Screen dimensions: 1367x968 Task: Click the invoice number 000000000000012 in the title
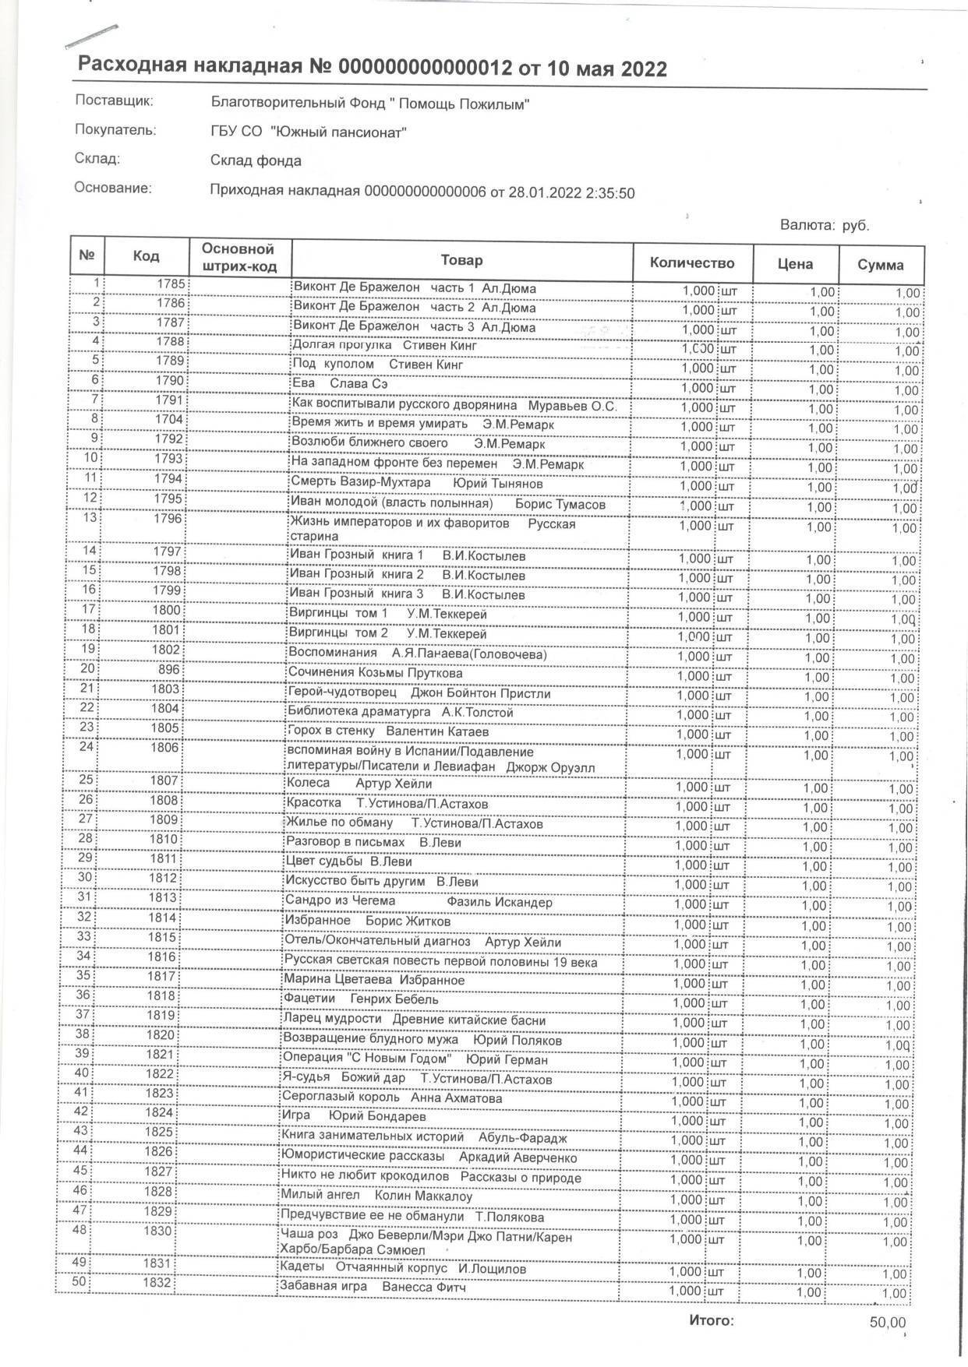point(425,69)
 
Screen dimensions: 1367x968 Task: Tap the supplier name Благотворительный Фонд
point(371,104)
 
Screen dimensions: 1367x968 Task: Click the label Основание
point(112,188)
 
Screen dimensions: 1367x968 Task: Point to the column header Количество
point(692,262)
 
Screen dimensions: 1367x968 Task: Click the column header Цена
point(794,264)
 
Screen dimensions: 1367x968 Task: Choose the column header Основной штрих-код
point(238,258)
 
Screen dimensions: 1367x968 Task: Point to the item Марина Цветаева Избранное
point(374,981)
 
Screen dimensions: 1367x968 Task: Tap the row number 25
point(85,780)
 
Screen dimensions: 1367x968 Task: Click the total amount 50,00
point(888,1323)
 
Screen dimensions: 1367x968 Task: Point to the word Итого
point(711,1321)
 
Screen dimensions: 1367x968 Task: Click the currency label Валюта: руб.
point(824,226)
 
